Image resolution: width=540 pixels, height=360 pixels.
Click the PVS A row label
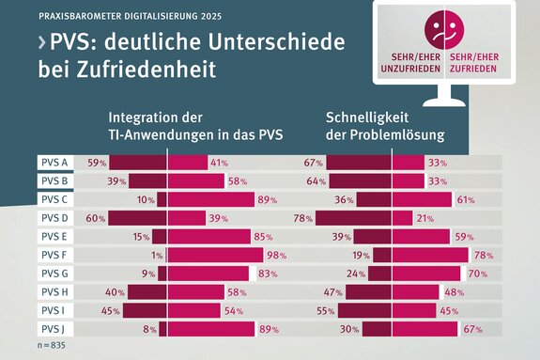pos(54,163)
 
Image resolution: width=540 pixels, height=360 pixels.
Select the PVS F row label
pos(54,255)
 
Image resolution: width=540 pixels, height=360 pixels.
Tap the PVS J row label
pos(54,329)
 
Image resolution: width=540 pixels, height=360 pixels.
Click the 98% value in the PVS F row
pos(275,256)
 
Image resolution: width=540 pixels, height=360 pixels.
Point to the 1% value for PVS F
pos(156,256)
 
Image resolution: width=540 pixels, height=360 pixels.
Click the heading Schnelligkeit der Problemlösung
pos(385,127)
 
